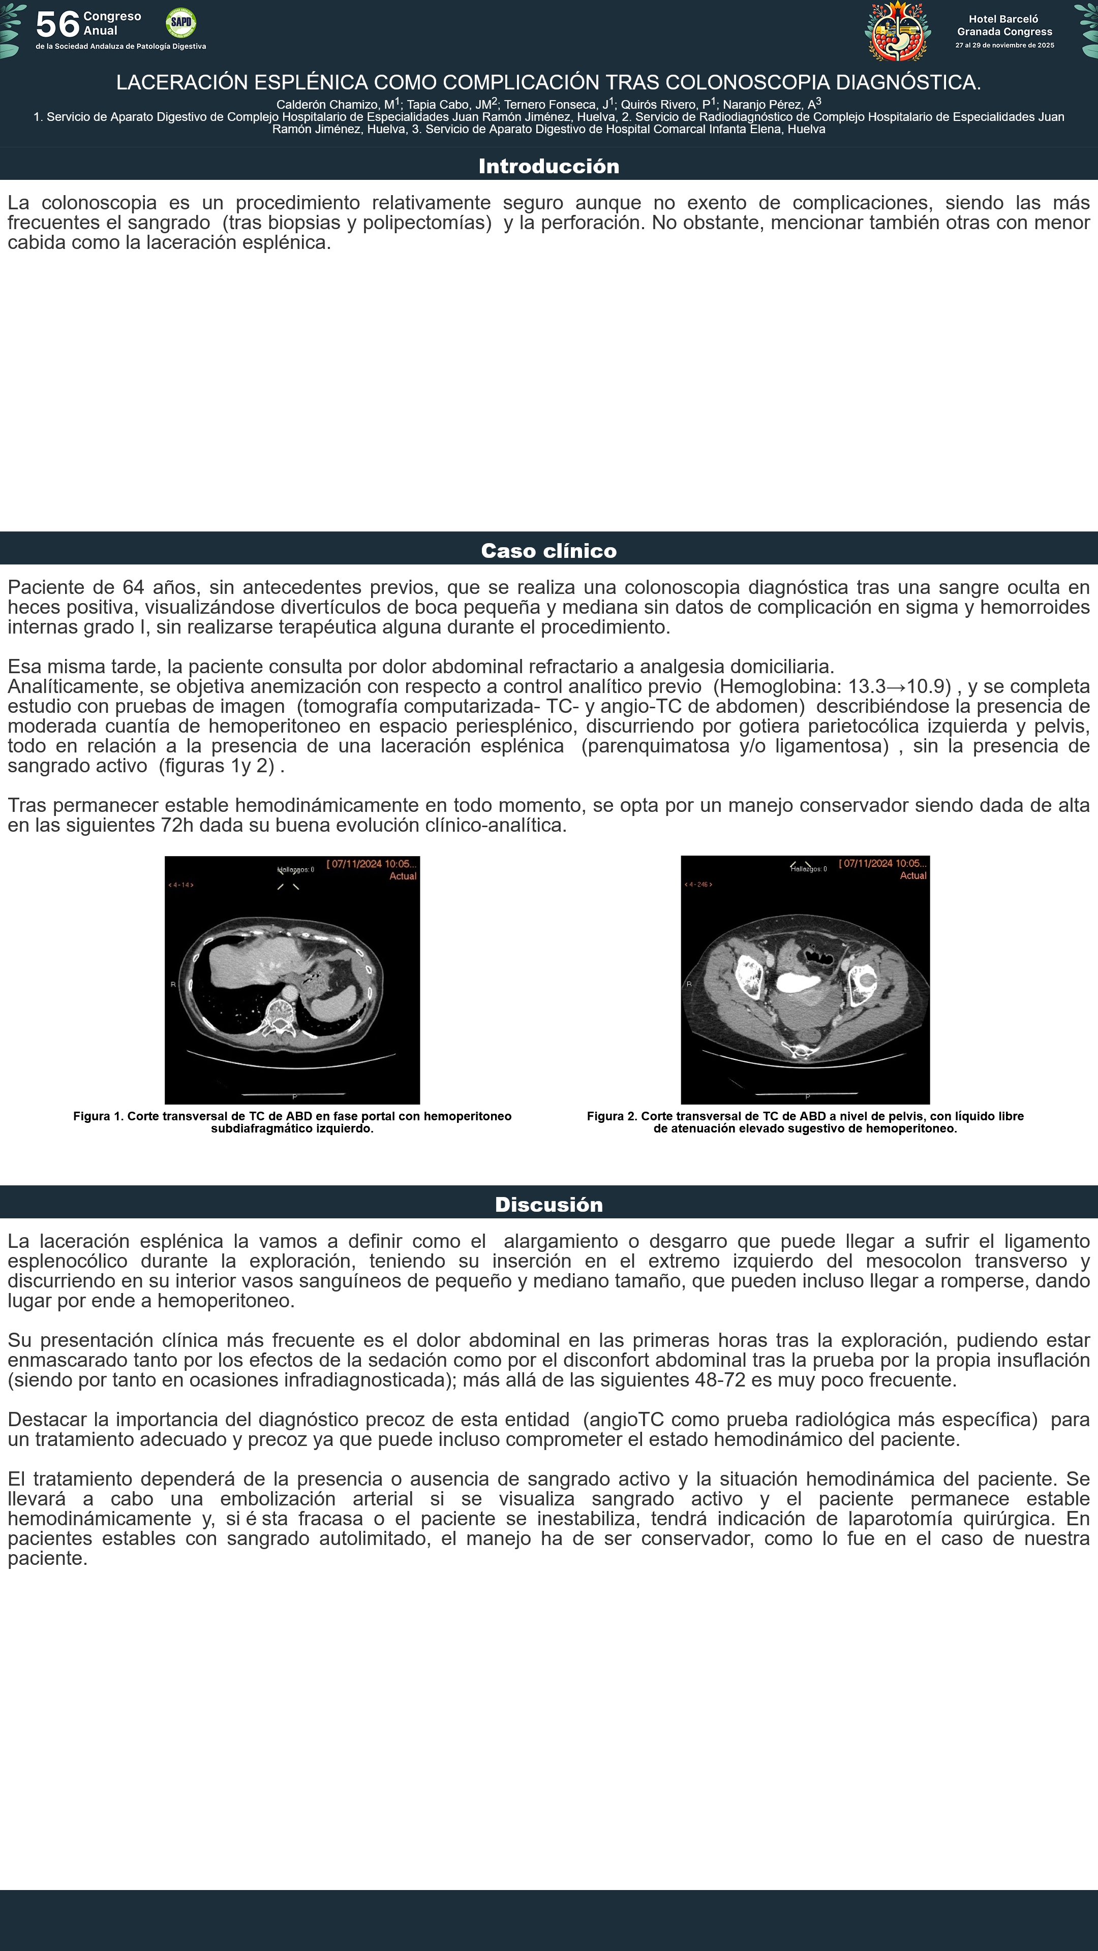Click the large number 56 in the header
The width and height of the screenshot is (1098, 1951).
tap(57, 24)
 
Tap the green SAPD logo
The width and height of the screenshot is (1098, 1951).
tap(180, 23)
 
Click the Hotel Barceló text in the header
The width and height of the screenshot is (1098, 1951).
tap(1003, 19)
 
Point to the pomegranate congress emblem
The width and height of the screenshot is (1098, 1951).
tap(898, 32)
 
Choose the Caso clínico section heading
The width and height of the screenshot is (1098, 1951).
tap(548, 551)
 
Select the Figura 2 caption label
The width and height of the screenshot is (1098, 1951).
tap(612, 1116)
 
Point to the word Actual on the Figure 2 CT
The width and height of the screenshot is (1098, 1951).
tap(913, 875)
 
